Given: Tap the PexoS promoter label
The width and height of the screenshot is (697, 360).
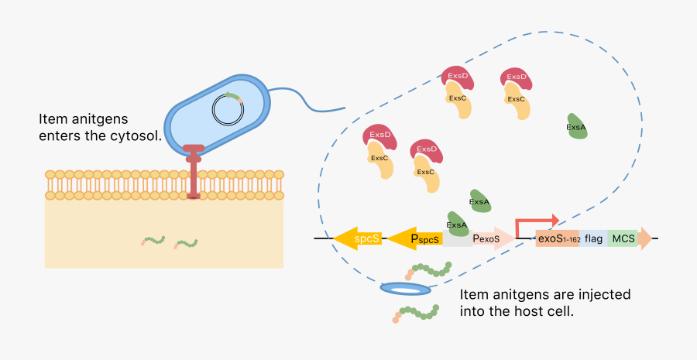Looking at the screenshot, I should pyautogui.click(x=487, y=238).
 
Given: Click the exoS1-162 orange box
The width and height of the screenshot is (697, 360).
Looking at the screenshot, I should pyautogui.click(x=558, y=238).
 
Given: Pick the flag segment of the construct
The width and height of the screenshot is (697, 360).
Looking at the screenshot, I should pyautogui.click(x=594, y=238).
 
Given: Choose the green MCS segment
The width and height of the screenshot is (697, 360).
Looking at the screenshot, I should pyautogui.click(x=623, y=238).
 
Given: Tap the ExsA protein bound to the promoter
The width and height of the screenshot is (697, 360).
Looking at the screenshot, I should pyautogui.click(x=457, y=225).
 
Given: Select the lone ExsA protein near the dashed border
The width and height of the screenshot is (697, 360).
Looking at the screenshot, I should pyautogui.click(x=576, y=127).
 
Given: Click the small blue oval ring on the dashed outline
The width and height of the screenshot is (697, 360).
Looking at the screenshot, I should pyautogui.click(x=406, y=289).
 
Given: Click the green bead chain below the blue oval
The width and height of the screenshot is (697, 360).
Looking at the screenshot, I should pyautogui.click(x=415, y=313).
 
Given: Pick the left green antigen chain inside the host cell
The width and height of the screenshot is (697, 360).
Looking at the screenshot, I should pyautogui.click(x=153, y=241).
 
